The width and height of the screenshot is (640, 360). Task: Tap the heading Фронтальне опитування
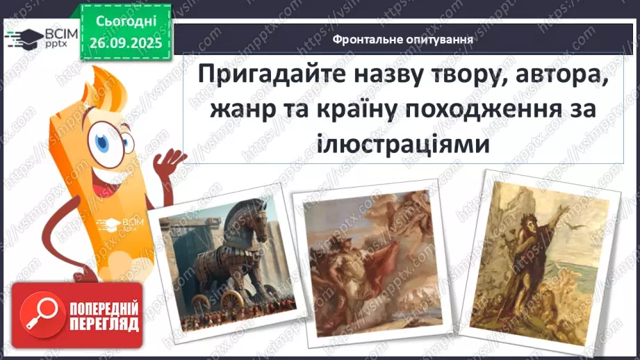pos(403,40)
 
